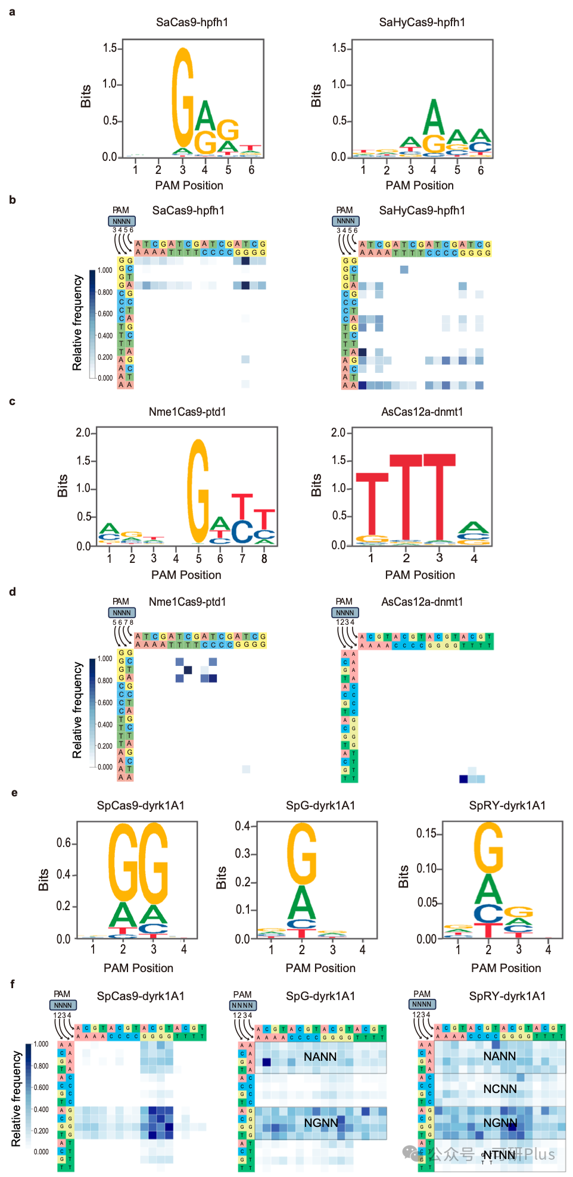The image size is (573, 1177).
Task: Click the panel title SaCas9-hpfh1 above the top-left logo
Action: tap(192, 23)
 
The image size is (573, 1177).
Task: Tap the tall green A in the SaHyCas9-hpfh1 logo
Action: tap(434, 117)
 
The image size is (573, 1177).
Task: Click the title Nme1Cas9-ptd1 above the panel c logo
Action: tap(187, 412)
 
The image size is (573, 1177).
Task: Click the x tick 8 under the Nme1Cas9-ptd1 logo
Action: tap(264, 559)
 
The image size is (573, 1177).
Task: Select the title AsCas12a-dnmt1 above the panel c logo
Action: tap(422, 412)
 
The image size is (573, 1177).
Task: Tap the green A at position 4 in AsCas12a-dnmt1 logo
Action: tap(474, 528)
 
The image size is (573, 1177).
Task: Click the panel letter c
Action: tap(12, 401)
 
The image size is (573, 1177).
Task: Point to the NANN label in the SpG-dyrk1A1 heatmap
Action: tap(320, 1057)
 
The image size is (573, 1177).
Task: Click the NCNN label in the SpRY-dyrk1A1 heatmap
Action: tap(500, 1089)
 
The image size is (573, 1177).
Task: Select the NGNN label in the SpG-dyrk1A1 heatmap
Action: tap(321, 1123)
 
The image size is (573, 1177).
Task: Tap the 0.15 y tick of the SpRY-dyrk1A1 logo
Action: tap(426, 833)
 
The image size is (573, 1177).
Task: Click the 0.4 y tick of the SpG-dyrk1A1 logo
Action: tap(242, 826)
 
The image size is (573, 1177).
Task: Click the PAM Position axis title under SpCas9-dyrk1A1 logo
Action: tap(138, 968)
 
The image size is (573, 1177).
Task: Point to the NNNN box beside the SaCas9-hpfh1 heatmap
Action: tap(122, 221)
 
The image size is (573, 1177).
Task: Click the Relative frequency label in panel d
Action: tap(77, 710)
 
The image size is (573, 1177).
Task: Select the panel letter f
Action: tap(12, 984)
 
